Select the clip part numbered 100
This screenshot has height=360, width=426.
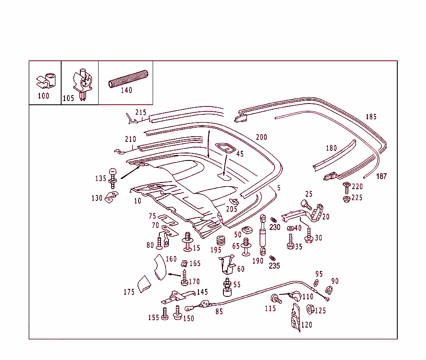click(47, 80)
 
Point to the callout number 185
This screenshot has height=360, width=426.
click(371, 117)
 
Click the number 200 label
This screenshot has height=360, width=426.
click(262, 137)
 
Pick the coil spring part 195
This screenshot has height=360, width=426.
click(220, 241)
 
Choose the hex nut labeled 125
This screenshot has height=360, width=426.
click(310, 309)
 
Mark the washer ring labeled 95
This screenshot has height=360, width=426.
click(315, 283)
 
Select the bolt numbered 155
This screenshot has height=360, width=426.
click(164, 313)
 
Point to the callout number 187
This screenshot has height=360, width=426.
click(381, 176)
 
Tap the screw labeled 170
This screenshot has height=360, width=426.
click(184, 278)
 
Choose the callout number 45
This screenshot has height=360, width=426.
click(240, 154)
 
